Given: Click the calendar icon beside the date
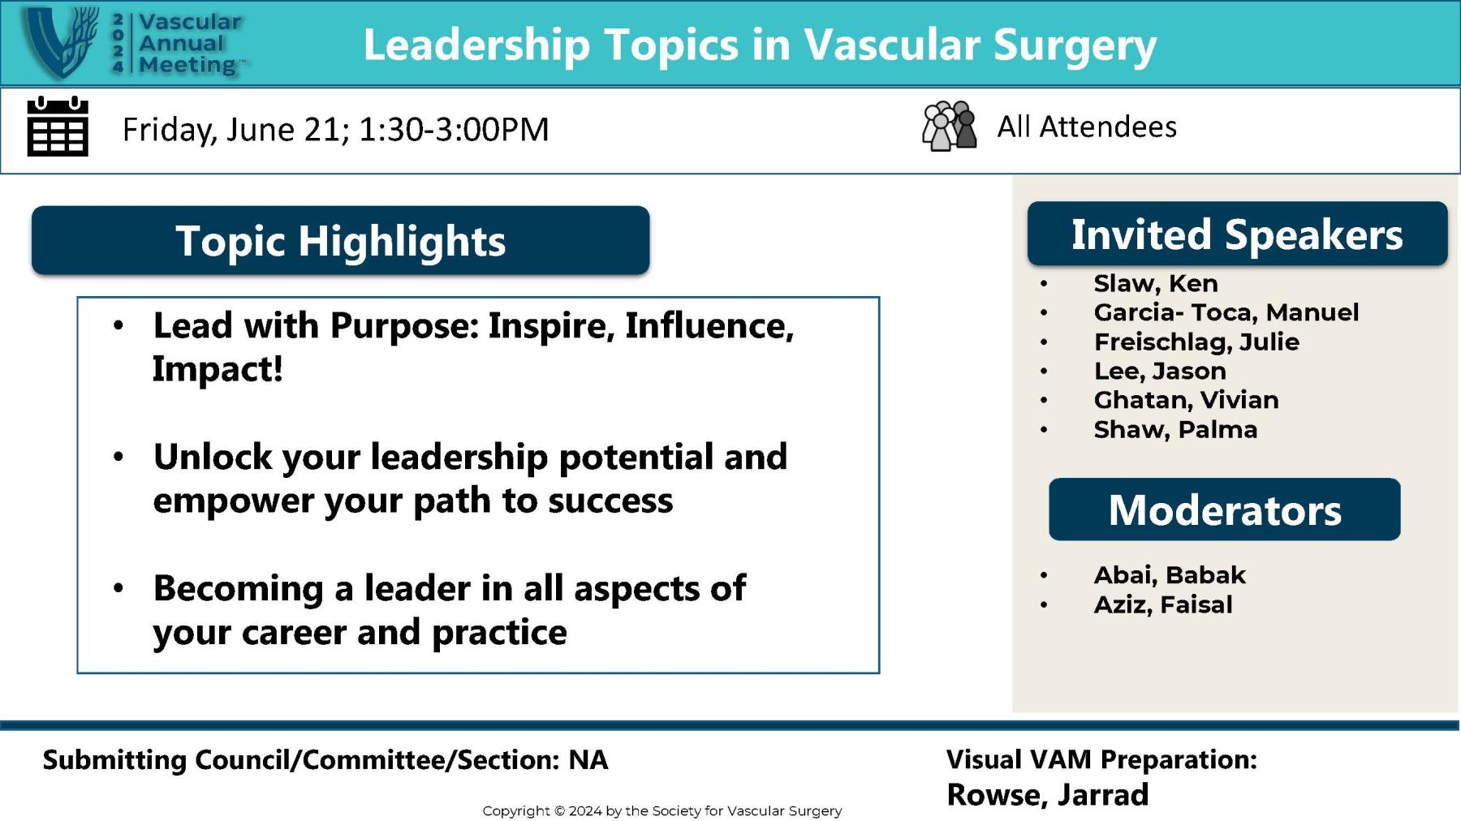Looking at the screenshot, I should [x=58, y=127].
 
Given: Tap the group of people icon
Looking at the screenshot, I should [x=949, y=126].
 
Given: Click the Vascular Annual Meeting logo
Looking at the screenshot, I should [x=134, y=43].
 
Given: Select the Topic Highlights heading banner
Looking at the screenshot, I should [x=340, y=241].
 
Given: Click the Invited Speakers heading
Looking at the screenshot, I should [x=1237, y=234].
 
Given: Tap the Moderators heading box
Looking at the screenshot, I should [x=1224, y=510].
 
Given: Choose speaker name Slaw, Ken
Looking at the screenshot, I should [x=1155, y=283].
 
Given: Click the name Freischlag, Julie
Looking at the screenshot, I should [x=1196, y=342].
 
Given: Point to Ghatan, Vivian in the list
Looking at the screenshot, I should [x=1186, y=400].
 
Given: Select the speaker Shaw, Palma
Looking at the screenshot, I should [x=1175, y=429].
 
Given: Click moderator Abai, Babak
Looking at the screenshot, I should [x=1169, y=575].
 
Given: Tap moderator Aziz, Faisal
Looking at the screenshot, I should [x=1162, y=604].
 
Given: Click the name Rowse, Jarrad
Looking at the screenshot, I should [x=1047, y=795].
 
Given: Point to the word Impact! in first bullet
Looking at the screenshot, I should [x=218, y=369].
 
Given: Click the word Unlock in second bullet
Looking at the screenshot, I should [x=213, y=457].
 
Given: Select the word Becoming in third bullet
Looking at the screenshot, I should [x=238, y=588].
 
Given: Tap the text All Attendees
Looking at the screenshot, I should [x=1086, y=127].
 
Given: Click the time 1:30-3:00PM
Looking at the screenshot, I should [x=454, y=129].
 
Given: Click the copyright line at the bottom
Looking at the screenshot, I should [x=662, y=810].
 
